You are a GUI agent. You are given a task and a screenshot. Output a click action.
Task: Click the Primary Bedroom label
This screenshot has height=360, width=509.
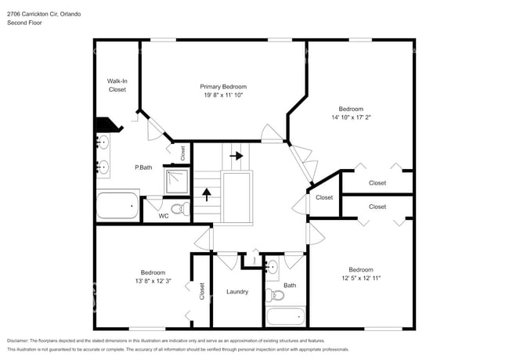tap(223, 86)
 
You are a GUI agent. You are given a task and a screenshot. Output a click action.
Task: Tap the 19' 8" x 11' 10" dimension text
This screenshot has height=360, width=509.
tap(223, 95)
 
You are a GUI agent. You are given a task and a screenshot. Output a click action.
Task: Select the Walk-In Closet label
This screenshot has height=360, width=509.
tap(117, 85)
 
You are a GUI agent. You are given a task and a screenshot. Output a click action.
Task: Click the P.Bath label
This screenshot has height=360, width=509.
tap(143, 167)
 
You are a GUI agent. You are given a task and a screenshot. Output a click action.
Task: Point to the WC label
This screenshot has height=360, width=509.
tap(164, 216)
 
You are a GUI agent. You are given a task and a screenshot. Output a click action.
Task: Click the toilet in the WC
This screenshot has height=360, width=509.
tap(179, 209)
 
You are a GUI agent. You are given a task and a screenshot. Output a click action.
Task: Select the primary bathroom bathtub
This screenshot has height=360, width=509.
tap(117, 207)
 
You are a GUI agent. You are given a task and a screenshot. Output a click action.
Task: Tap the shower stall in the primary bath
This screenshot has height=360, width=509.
tap(176, 182)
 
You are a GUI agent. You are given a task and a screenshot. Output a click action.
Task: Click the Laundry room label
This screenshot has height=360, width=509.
tap(237, 292)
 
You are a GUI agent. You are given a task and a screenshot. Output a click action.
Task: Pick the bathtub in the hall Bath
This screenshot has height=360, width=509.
tap(284, 317)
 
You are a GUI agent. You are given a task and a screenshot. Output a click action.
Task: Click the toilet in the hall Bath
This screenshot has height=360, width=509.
tap(275, 295)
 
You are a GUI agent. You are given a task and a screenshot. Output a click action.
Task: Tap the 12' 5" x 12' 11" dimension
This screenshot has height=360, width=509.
tap(360, 277)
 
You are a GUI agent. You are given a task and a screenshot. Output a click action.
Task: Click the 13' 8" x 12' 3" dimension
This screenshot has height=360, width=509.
tap(143, 281)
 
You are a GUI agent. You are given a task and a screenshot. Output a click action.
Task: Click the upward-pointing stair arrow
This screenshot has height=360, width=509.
tap(207, 193)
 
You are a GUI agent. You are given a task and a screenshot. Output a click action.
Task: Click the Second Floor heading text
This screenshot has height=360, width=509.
tap(25, 23)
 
